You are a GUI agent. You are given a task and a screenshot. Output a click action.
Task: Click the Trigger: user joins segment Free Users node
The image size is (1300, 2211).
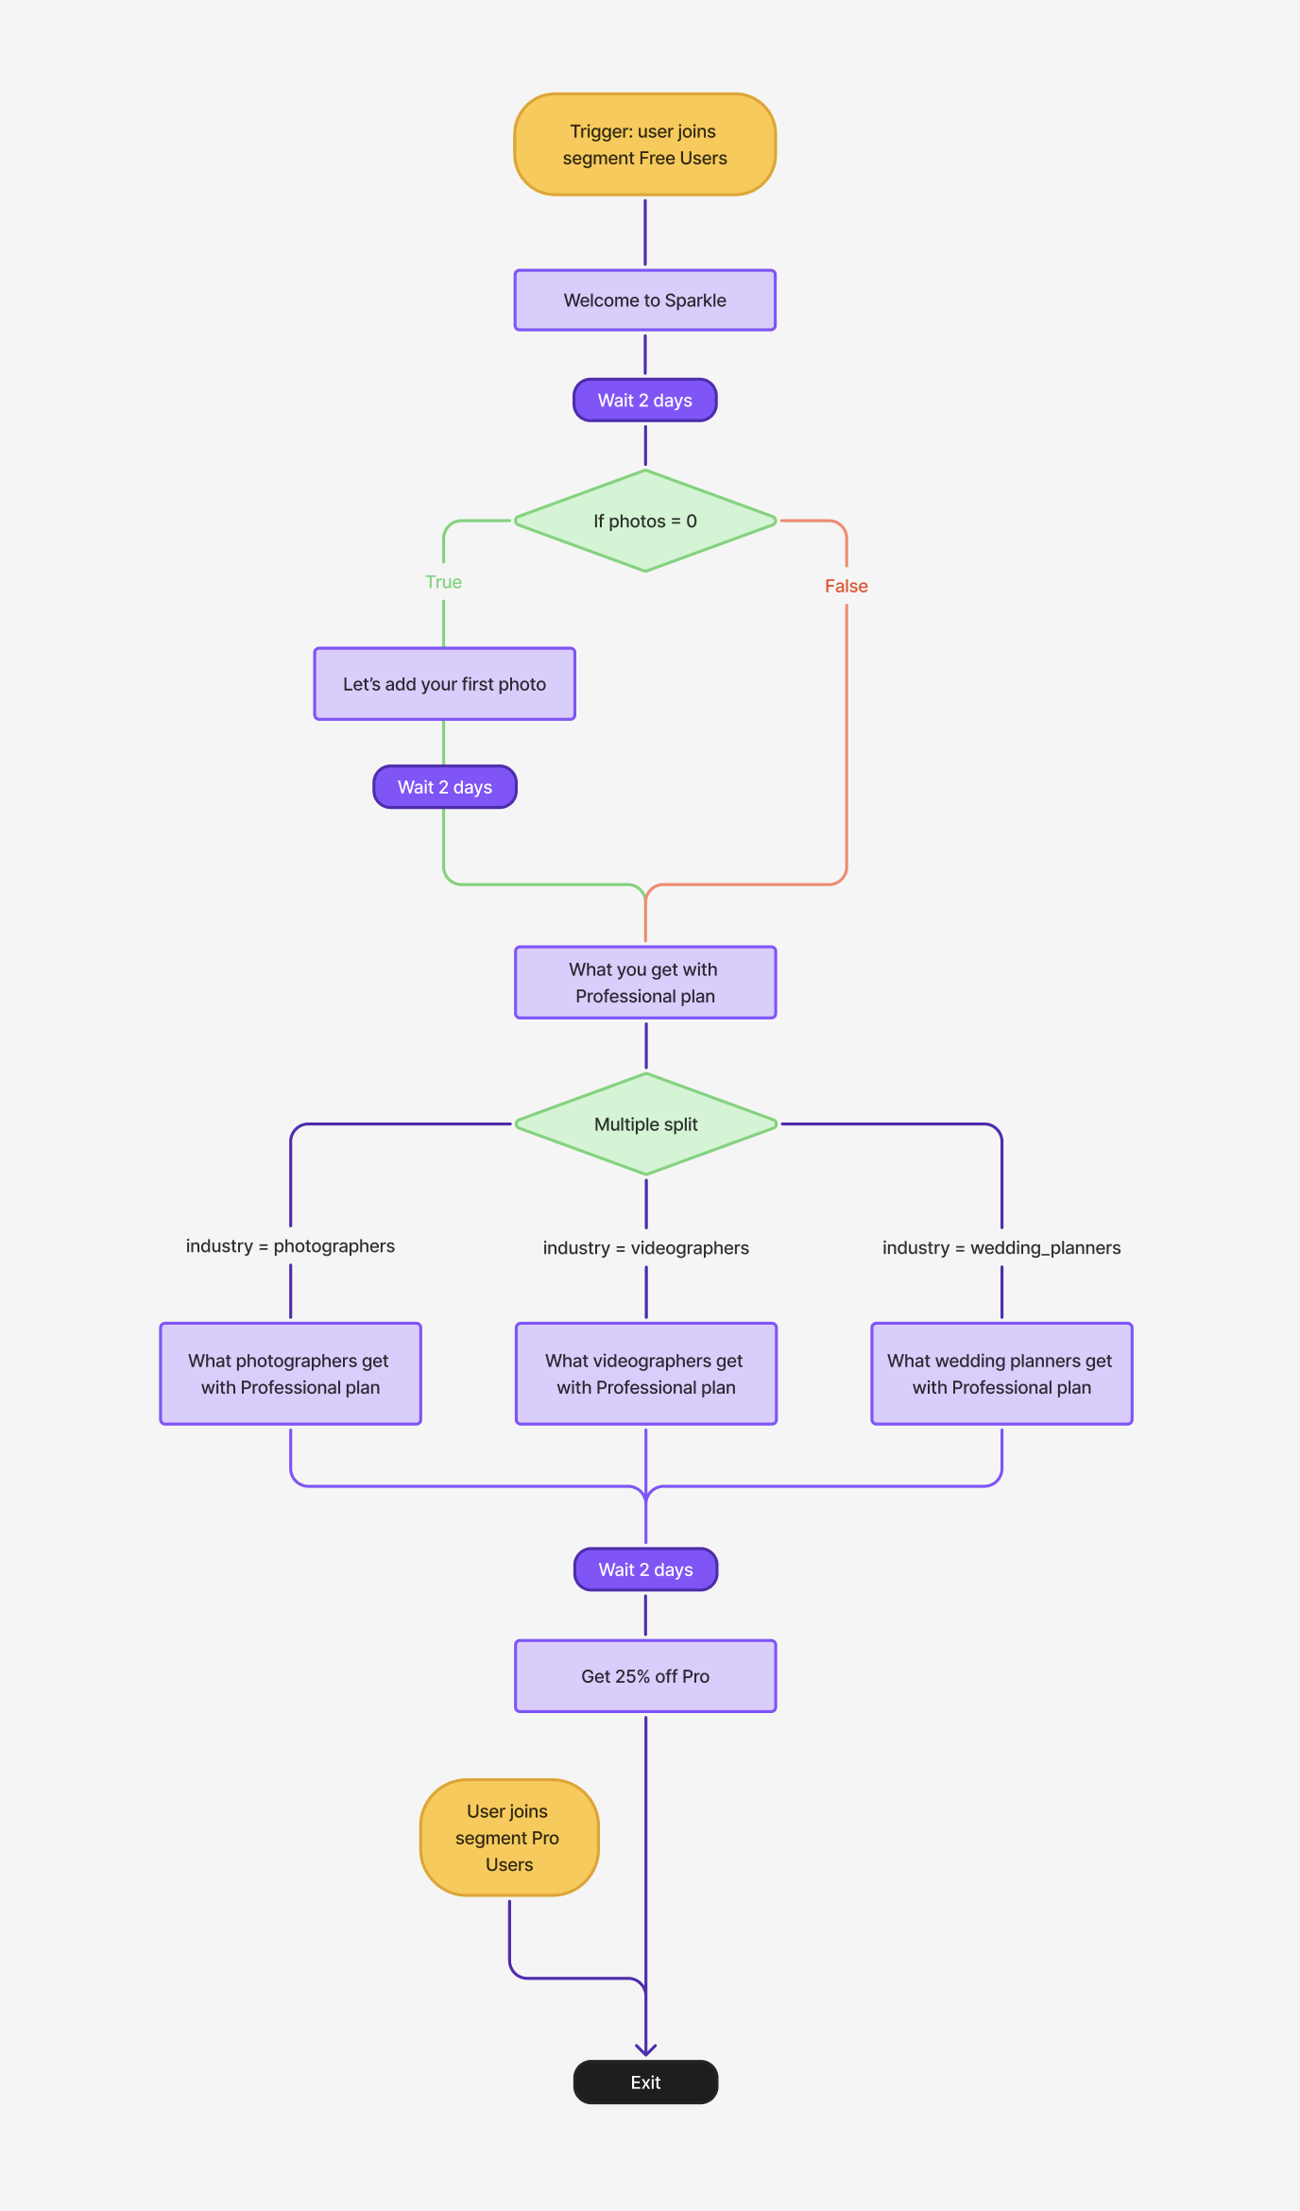645,145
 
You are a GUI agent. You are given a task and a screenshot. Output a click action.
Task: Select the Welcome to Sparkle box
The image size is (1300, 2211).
645,300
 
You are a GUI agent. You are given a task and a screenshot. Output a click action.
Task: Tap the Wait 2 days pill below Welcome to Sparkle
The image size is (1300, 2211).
645,401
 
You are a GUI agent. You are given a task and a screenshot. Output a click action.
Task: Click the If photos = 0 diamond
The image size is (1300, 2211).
645,521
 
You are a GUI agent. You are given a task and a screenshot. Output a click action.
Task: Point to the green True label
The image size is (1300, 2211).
443,582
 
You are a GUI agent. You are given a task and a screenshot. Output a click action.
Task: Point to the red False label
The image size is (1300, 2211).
847,586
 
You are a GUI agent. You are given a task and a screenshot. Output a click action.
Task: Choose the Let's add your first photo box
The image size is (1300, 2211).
445,684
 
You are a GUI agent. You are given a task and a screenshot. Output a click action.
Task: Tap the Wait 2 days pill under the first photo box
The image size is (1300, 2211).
445,787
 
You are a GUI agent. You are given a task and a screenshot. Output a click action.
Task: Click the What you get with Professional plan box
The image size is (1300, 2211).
645,983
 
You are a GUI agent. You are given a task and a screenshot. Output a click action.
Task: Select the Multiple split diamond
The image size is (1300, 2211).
646,1124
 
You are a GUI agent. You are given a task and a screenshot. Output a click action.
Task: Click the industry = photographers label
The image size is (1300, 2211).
290,1246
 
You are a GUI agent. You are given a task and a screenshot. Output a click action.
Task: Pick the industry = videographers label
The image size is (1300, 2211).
646,1248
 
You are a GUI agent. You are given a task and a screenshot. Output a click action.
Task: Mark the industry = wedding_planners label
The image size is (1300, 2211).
1001,1248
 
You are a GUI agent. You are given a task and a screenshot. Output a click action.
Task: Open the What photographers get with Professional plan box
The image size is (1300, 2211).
290,1374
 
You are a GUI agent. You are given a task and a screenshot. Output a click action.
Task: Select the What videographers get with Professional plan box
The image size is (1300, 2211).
646,1374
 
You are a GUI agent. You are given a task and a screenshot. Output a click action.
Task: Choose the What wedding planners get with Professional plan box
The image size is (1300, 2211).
1001,1374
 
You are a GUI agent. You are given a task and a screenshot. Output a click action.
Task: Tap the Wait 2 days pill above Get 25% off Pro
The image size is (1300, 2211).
646,1569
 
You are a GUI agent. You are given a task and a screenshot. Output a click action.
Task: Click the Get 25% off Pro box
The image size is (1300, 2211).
645,1676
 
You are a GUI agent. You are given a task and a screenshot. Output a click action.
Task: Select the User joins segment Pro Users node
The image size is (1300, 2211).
509,1838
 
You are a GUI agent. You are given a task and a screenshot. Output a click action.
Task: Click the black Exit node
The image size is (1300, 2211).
646,2082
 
